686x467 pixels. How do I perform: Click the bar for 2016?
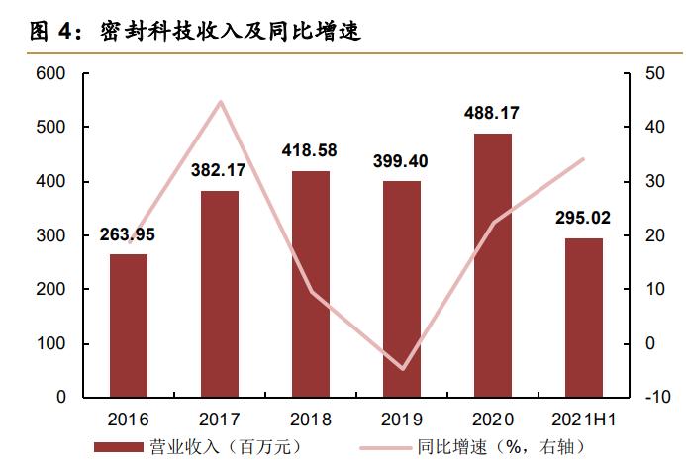[x=129, y=326]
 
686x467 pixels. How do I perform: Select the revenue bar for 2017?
[x=220, y=294]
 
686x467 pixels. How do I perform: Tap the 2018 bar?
[x=310, y=284]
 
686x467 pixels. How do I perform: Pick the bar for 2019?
[x=401, y=289]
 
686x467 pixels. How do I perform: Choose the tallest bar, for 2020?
[x=492, y=265]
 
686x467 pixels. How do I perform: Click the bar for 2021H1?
[x=583, y=318]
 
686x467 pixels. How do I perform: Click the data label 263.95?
[x=128, y=234]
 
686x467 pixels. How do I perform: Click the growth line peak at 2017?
[x=220, y=102]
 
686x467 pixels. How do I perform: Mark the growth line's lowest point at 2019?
[x=401, y=369]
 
